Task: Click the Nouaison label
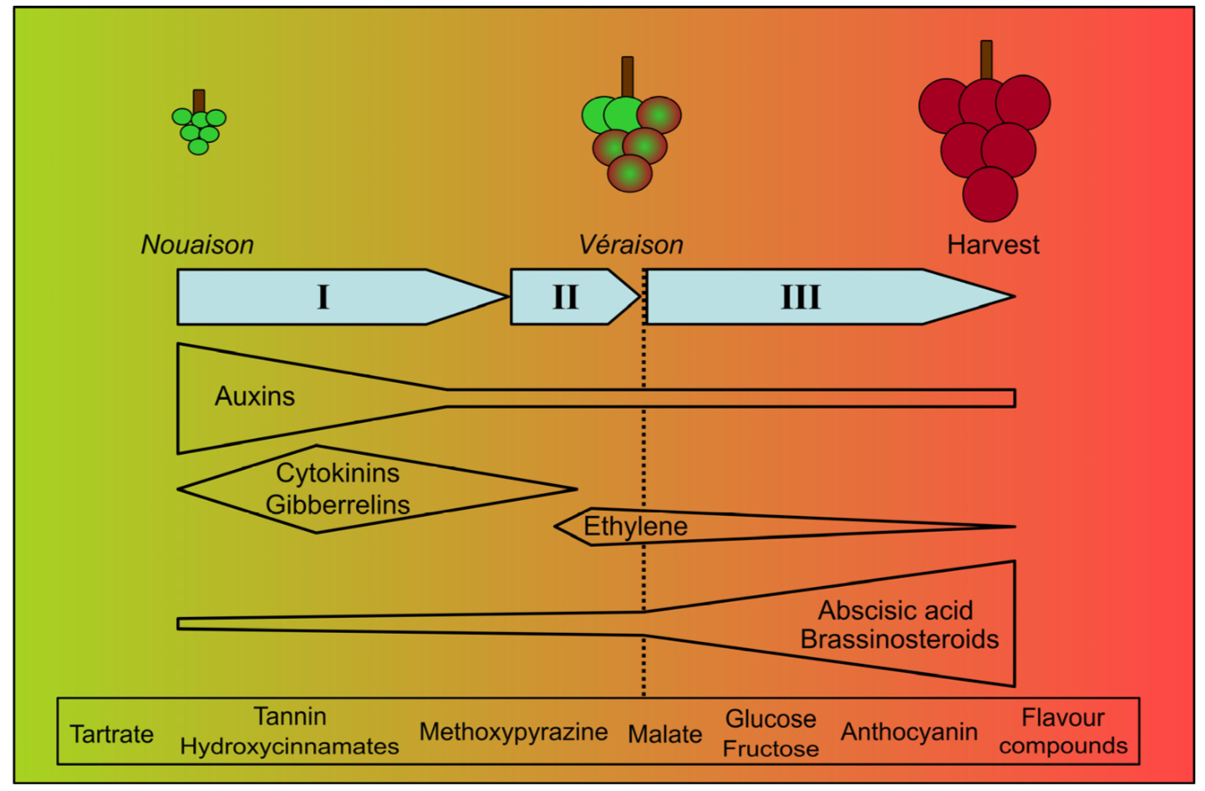pos(197,245)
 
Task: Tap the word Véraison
pos(631,245)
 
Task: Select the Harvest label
pos(993,245)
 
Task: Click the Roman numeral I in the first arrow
pos(323,297)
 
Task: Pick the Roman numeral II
pos(565,297)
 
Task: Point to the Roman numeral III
pos(800,297)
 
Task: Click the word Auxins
pos(255,396)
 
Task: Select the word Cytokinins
pos(338,473)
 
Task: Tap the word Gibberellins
pos(338,505)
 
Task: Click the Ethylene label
pos(635,527)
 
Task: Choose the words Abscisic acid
pos(895,610)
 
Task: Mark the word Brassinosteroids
pos(899,640)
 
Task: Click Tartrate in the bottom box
pos(112,734)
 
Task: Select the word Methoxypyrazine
pos(513,732)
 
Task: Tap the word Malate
pos(664,734)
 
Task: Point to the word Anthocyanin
pos(908,732)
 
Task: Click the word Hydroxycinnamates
pos(289,747)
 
